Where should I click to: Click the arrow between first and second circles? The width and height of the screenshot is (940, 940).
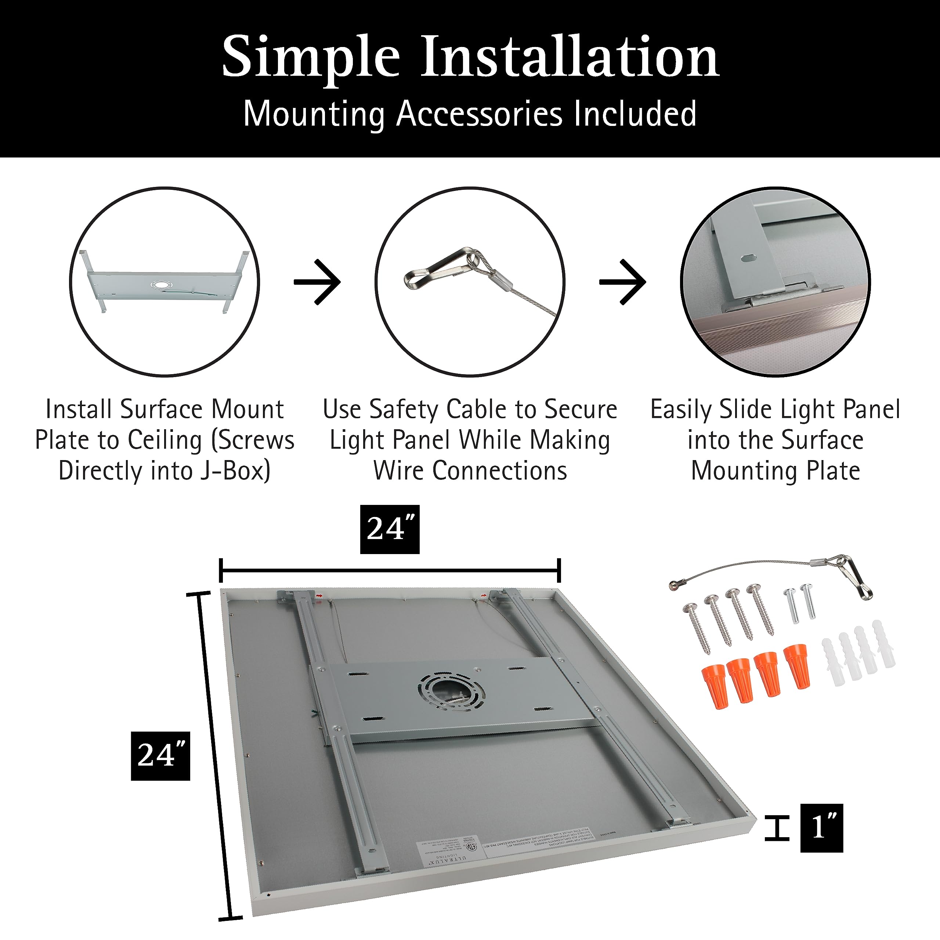317,282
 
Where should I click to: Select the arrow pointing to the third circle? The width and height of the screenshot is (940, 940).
623,282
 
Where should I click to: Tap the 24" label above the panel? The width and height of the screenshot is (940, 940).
390,529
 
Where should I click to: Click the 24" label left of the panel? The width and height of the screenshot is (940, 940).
160,756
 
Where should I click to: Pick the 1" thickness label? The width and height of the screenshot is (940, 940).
821,828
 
